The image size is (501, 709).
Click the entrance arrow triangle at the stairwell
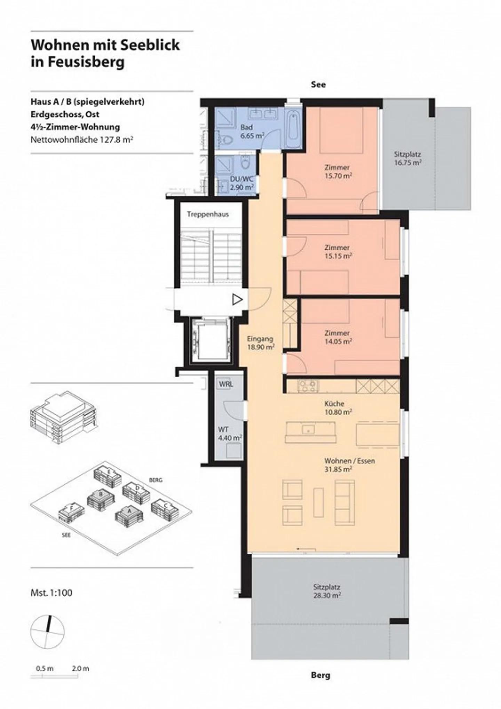point(237,299)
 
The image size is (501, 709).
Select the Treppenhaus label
point(208,214)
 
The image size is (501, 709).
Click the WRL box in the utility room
point(226,384)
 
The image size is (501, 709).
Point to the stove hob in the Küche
point(308,385)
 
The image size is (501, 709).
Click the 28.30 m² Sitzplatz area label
point(327,591)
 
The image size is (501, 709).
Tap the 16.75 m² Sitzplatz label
point(408,159)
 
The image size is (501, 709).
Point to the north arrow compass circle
point(47,630)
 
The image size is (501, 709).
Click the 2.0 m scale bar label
point(80,668)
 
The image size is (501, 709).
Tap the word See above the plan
point(318,84)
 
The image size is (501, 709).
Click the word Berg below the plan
point(320,685)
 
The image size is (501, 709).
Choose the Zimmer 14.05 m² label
point(337,337)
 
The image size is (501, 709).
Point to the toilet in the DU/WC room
point(246,163)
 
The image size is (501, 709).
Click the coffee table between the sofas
point(318,502)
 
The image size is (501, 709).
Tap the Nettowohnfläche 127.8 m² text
point(82,140)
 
